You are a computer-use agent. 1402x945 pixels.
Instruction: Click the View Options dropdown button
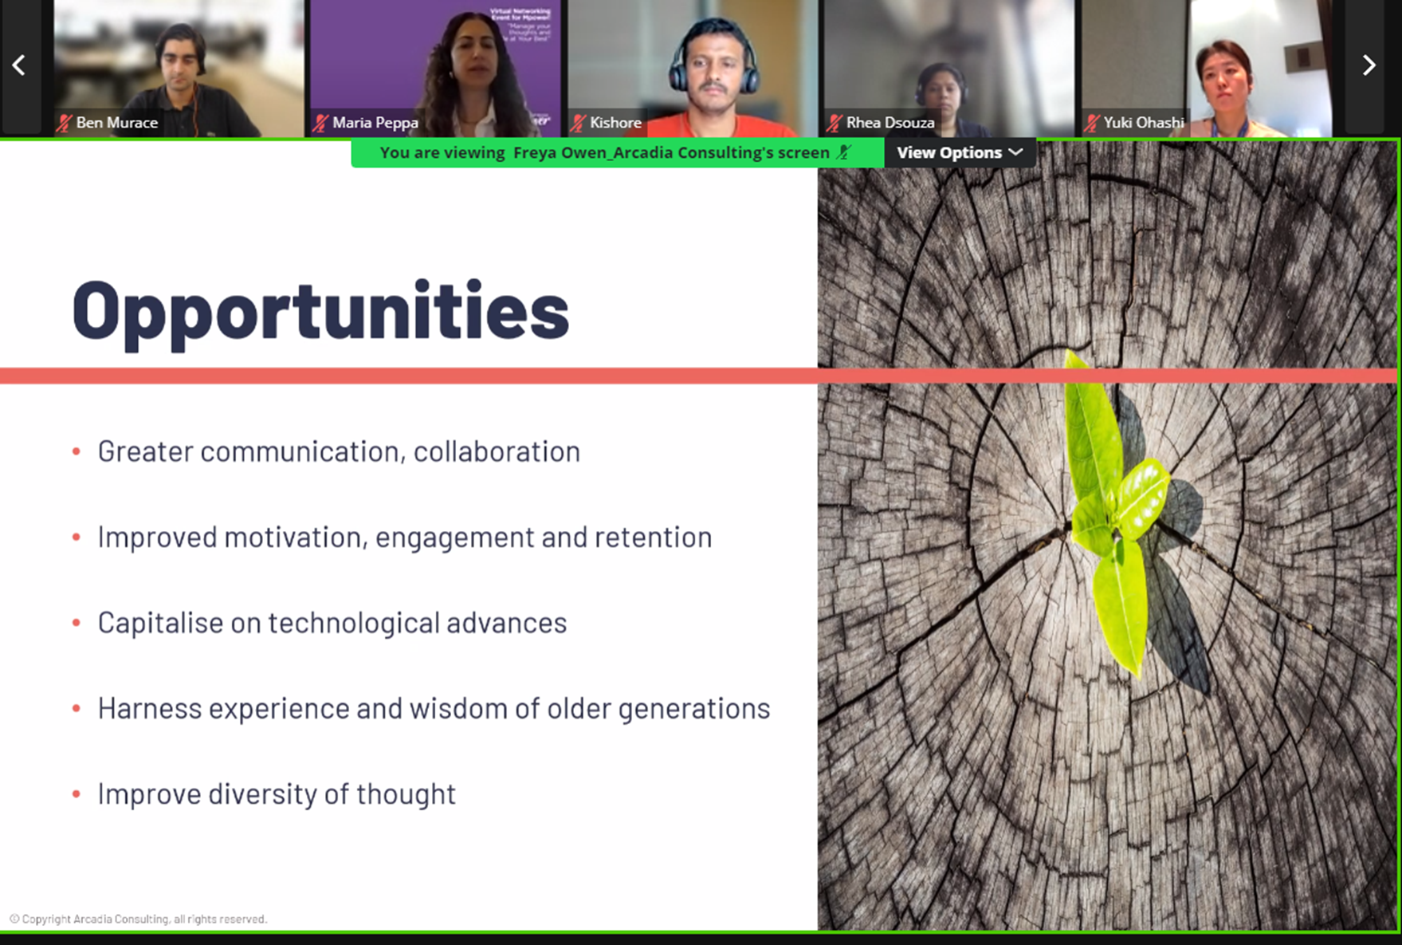pyautogui.click(x=959, y=152)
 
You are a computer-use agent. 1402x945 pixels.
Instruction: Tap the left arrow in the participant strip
pyautogui.click(x=19, y=65)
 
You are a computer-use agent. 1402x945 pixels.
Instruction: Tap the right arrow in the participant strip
pyautogui.click(x=1369, y=65)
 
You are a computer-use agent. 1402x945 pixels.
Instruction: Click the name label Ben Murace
pyautogui.click(x=116, y=123)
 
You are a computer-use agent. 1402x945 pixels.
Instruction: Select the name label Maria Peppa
pyautogui.click(x=375, y=123)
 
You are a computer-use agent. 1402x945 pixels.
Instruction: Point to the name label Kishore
pyautogui.click(x=615, y=123)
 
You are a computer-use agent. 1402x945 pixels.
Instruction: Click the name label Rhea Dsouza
pyautogui.click(x=890, y=123)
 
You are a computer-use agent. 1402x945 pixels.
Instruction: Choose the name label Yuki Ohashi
pyautogui.click(x=1143, y=123)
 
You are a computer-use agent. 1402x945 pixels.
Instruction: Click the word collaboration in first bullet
pyautogui.click(x=497, y=451)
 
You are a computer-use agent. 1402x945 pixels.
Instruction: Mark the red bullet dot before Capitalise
pyautogui.click(x=77, y=623)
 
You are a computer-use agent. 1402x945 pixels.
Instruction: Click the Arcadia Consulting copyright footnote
pyautogui.click(x=139, y=919)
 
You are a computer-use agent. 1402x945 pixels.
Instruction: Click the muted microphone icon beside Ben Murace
pyautogui.click(x=65, y=123)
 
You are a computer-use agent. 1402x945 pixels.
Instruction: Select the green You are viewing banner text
pyautogui.click(x=604, y=152)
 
